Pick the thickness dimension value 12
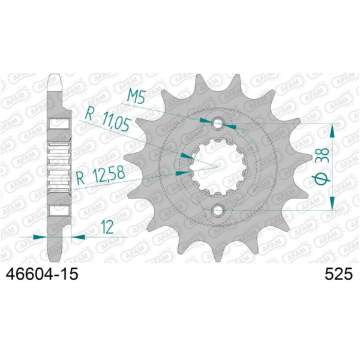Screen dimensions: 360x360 107,227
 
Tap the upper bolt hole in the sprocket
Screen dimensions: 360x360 217,124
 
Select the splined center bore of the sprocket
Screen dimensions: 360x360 217,167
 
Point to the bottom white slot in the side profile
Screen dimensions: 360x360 59,209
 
